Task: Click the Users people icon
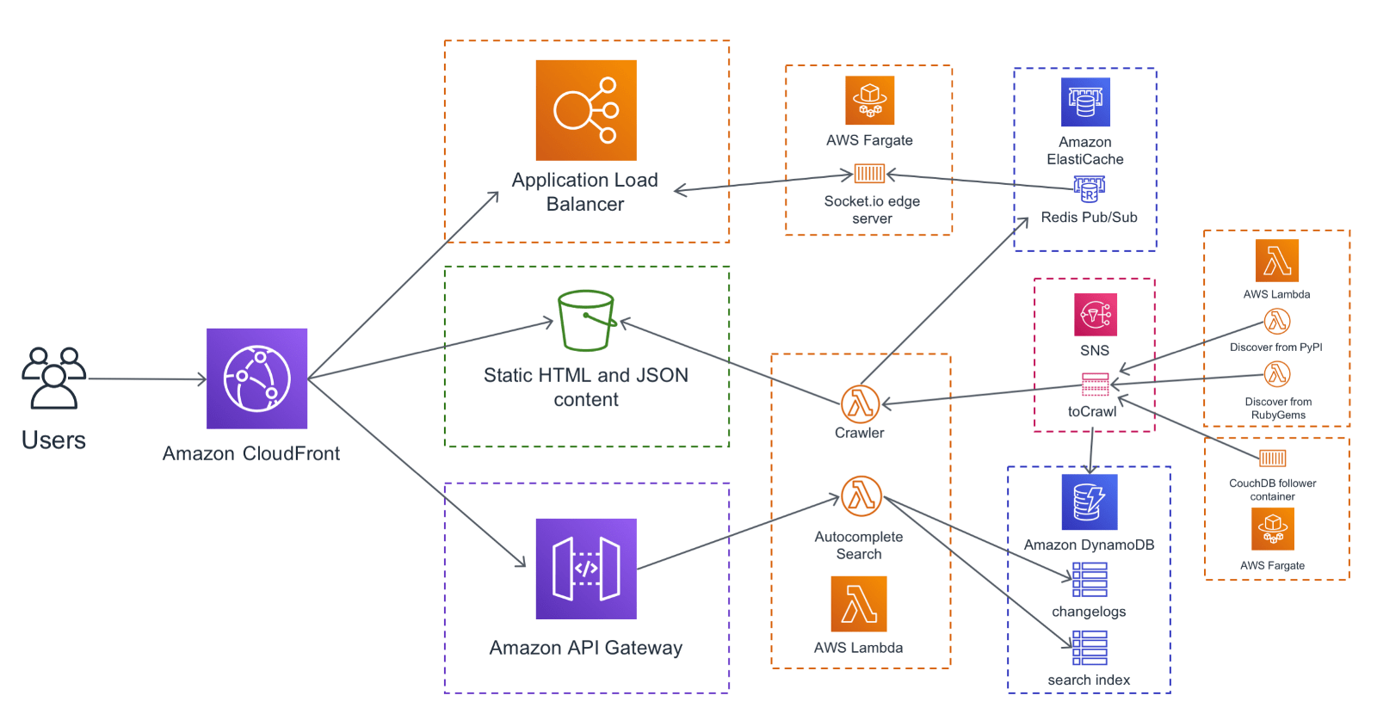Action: (53, 378)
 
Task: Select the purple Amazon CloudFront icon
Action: (256, 378)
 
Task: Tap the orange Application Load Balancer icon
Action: (586, 110)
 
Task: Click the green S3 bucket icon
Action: (586, 320)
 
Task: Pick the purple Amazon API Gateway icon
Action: (586, 569)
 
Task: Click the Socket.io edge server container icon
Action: (869, 175)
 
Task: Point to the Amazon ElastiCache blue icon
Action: (1085, 102)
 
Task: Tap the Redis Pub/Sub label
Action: (1089, 218)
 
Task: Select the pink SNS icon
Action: (1096, 315)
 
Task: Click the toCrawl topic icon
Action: (1095, 384)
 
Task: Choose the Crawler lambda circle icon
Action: (860, 403)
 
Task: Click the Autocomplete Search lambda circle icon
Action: (861, 496)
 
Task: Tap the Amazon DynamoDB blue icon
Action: (1090, 501)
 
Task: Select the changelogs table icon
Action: (1090, 580)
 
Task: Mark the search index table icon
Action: (1090, 648)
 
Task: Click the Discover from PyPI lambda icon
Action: (1277, 322)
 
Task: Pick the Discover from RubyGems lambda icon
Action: (1277, 374)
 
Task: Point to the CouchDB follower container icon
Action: (1272, 458)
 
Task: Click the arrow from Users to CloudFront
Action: (146, 378)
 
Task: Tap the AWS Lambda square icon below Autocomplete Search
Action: (859, 604)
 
